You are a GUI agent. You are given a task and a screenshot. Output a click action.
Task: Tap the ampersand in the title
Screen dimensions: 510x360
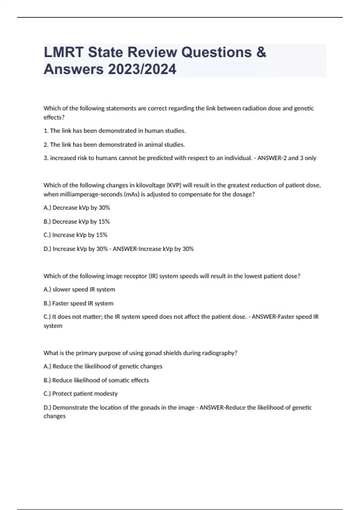[x=261, y=52]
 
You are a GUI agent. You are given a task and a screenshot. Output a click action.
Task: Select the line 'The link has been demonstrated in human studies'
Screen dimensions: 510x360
[x=115, y=131]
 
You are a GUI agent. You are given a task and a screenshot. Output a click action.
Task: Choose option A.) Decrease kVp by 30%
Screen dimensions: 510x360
[x=77, y=208]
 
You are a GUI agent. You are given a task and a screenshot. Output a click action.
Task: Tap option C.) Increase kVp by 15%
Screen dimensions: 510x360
[x=75, y=235]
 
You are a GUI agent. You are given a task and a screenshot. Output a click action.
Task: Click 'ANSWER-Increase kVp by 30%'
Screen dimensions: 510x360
[x=153, y=249]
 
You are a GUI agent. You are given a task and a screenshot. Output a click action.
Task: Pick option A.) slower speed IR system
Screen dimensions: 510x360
[x=79, y=289]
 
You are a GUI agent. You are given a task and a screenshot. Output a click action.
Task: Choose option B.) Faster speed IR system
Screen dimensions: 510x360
[x=78, y=303]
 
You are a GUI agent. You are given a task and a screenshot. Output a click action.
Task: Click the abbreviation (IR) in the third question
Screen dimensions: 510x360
[x=153, y=276]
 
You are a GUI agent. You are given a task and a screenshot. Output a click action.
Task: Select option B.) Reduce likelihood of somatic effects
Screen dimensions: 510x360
[x=96, y=380]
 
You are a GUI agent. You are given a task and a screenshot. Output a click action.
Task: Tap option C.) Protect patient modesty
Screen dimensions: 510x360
[x=80, y=394]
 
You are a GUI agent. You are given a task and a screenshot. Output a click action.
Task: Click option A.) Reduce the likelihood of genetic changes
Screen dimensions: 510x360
[x=103, y=366]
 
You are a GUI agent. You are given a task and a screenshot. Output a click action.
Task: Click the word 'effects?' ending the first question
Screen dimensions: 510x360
[x=54, y=117]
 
